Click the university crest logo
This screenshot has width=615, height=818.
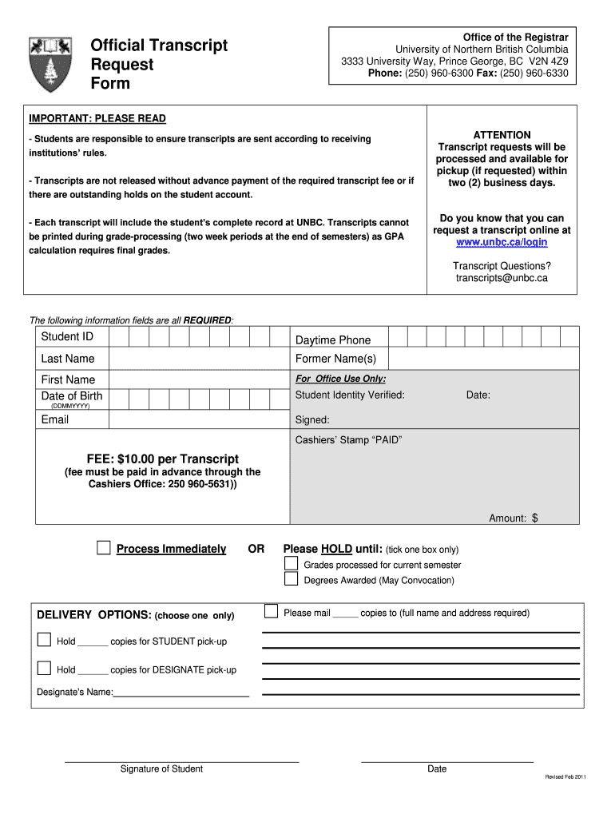tap(50, 63)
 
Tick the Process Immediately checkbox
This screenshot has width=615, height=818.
tap(104, 547)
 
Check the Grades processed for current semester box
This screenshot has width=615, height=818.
tap(292, 564)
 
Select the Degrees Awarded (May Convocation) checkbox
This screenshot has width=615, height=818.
tap(292, 579)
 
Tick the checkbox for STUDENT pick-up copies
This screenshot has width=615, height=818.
tap(44, 640)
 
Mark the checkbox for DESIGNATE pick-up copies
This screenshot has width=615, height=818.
tap(44, 668)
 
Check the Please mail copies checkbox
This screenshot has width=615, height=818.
tap(271, 612)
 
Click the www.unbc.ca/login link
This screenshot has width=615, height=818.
tap(502, 241)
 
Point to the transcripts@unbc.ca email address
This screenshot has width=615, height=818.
tap(502, 278)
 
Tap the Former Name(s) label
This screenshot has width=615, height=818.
tap(335, 359)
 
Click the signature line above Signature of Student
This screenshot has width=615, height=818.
tap(181, 760)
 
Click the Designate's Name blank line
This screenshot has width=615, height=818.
tap(181, 695)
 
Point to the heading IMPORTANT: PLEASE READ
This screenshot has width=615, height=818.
tap(97, 118)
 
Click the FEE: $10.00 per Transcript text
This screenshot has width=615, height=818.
tap(163, 459)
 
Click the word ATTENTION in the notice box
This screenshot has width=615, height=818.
tap(502, 135)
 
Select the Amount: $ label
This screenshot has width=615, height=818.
tap(514, 518)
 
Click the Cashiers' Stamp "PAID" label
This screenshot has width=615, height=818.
tap(348, 440)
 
